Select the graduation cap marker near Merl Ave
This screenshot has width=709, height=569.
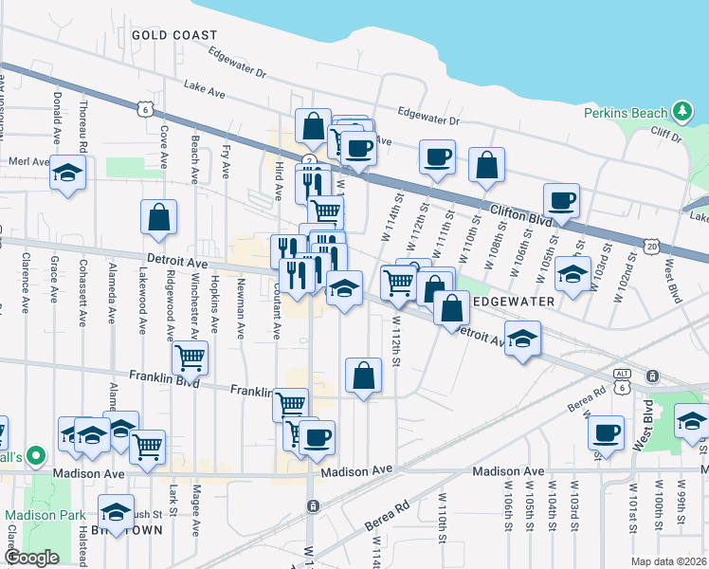point(67,173)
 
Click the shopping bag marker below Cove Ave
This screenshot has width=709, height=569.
point(158,217)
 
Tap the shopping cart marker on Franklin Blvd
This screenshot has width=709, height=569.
point(191,358)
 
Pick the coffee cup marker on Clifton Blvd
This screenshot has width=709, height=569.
point(560,201)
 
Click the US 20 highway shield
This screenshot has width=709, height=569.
point(650,246)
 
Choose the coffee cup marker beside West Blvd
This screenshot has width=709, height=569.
point(605,432)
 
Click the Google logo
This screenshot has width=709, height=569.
point(31,558)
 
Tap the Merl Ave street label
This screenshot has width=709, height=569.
point(26,162)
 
